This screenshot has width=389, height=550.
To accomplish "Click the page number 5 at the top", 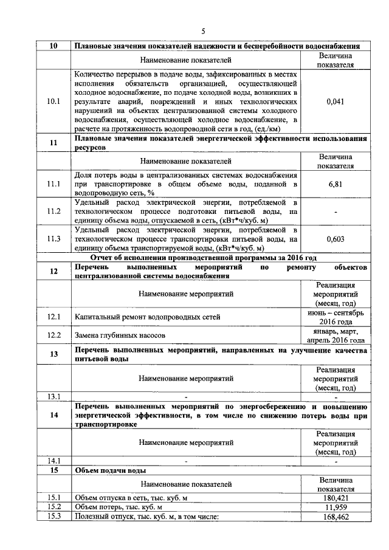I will (x=204, y=32).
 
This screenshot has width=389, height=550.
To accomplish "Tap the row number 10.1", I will (x=54, y=101).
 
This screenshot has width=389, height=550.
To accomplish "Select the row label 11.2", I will (x=54, y=211).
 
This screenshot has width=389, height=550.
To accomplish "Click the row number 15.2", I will (x=54, y=507).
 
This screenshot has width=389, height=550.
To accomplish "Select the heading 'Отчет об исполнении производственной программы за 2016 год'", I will (x=204, y=258).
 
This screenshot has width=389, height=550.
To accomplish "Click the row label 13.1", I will (x=54, y=397).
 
